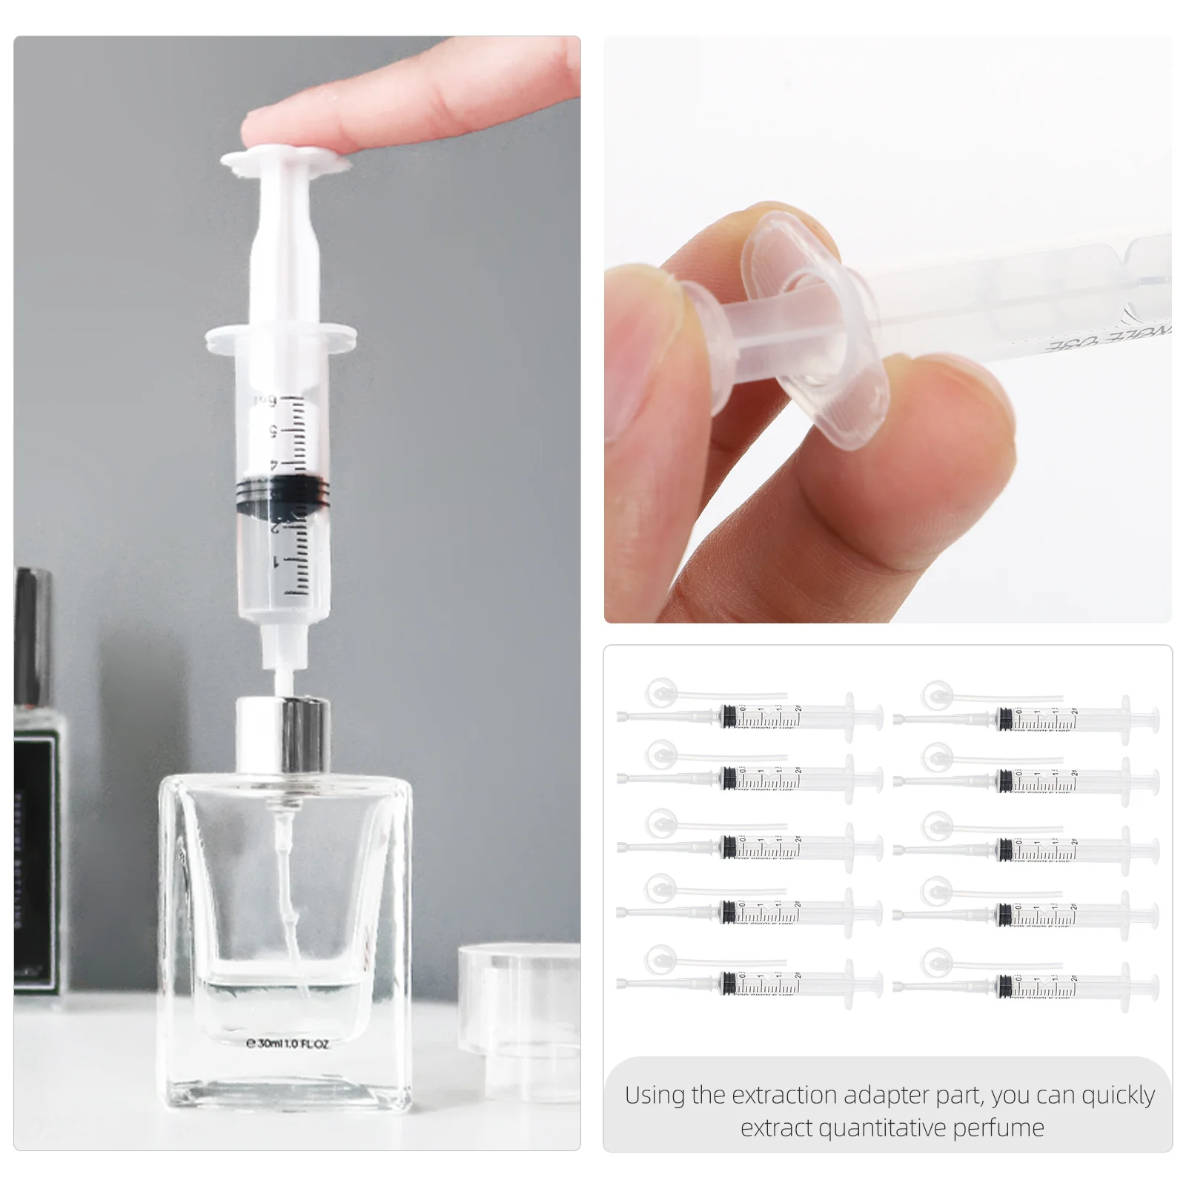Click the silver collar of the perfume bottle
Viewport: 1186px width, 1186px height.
282,735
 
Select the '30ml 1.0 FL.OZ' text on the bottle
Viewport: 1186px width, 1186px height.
288,1044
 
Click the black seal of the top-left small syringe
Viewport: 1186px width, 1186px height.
729,716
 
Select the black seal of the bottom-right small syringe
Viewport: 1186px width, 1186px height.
1005,986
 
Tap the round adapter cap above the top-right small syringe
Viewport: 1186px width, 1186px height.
936,695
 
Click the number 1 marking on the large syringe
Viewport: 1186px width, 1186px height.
276,562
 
